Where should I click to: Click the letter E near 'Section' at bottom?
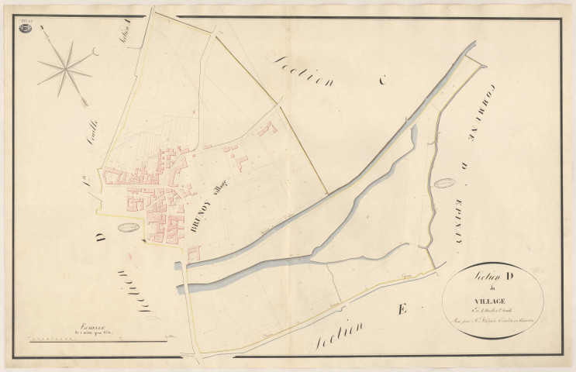(401, 311)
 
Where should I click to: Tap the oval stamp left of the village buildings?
(128, 227)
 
